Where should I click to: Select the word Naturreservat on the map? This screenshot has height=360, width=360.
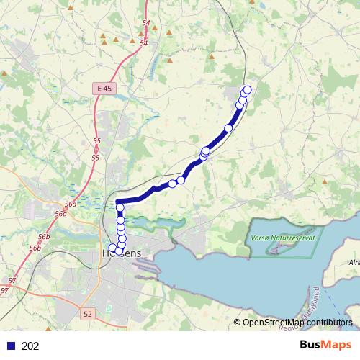[296, 237]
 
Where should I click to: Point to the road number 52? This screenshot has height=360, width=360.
[88, 314]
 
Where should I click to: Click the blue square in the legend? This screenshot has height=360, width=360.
[11, 346]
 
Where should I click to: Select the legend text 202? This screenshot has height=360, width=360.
[31, 346]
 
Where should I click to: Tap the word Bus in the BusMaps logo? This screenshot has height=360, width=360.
[312, 345]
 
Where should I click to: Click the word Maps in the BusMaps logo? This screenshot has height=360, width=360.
[337, 345]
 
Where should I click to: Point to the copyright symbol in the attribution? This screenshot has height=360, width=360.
[238, 323]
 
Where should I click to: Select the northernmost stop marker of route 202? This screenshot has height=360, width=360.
[248, 89]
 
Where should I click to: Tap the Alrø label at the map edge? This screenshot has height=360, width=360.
[354, 264]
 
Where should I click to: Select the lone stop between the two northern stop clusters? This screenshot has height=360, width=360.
[229, 128]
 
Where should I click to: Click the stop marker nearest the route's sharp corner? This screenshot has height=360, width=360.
[120, 209]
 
